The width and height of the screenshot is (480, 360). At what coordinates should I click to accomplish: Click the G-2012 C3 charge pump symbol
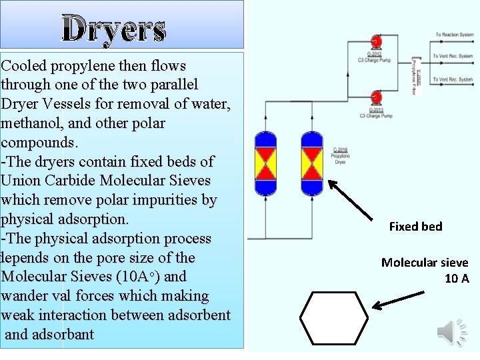375,42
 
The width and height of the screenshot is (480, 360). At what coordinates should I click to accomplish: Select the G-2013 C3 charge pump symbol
375,97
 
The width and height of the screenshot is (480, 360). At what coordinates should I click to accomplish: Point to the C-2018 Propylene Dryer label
341,155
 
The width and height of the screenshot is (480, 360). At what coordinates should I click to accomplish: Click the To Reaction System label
455,35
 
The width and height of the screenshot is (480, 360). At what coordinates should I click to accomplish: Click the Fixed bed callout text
415,227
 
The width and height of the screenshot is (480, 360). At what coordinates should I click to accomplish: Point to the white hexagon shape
333,317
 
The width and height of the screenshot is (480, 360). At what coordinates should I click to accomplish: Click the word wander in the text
27,295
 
